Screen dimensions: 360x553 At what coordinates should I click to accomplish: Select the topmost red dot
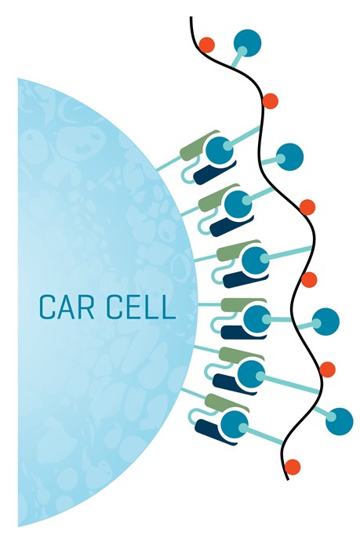[x=206, y=45]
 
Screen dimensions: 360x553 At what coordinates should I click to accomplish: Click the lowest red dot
[x=293, y=467]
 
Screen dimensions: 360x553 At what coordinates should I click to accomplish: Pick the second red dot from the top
[x=270, y=101]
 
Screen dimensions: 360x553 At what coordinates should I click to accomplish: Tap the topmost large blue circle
[x=248, y=43]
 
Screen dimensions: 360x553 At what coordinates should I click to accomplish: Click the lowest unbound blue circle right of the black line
[x=339, y=421]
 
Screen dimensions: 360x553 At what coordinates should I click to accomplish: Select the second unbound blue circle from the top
[x=290, y=157]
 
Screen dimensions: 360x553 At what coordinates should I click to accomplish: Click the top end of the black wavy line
[x=191, y=17]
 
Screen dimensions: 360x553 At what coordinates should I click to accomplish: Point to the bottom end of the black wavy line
[x=288, y=479]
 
